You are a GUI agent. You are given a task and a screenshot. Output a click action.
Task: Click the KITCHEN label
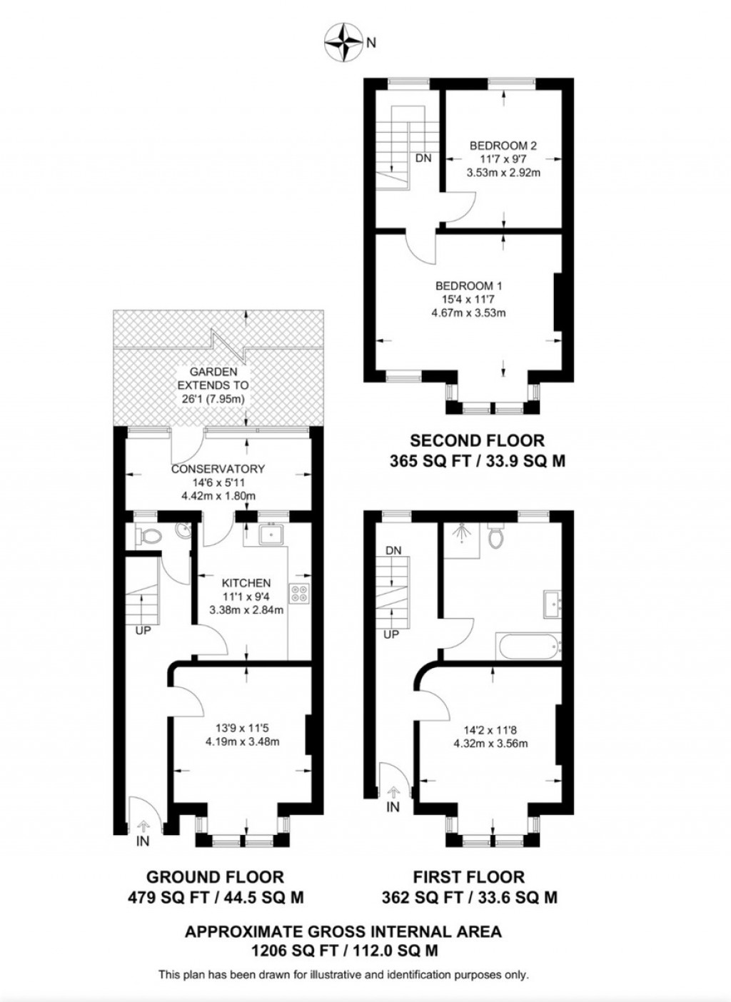246,583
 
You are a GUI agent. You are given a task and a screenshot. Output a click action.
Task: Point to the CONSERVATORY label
218,469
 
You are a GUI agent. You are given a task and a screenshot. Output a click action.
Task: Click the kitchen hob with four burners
298,594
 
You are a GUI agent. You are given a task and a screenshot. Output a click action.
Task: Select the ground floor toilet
148,537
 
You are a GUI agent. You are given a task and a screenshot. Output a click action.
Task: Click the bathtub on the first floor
528,648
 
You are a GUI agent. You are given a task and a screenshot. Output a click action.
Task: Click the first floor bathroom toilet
496,537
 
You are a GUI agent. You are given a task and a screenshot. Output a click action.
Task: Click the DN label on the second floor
423,158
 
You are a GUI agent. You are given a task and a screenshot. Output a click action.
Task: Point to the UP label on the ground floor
143,630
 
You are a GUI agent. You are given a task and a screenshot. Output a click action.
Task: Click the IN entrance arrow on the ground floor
143,826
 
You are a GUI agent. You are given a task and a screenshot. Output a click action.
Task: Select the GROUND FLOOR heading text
215,876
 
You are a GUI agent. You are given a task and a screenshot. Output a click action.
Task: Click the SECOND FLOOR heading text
477,440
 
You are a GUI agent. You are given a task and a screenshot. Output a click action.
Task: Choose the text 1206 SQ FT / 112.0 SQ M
343,951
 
